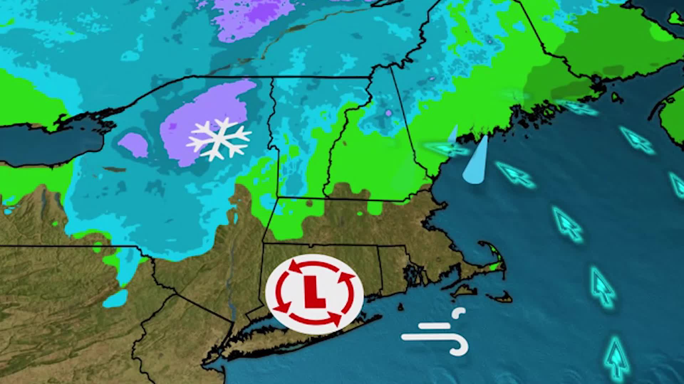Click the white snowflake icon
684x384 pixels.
218,139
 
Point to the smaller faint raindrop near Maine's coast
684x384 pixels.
453,134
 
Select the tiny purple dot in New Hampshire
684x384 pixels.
388,113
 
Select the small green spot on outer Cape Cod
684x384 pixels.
493,266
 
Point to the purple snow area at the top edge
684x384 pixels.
249,18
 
